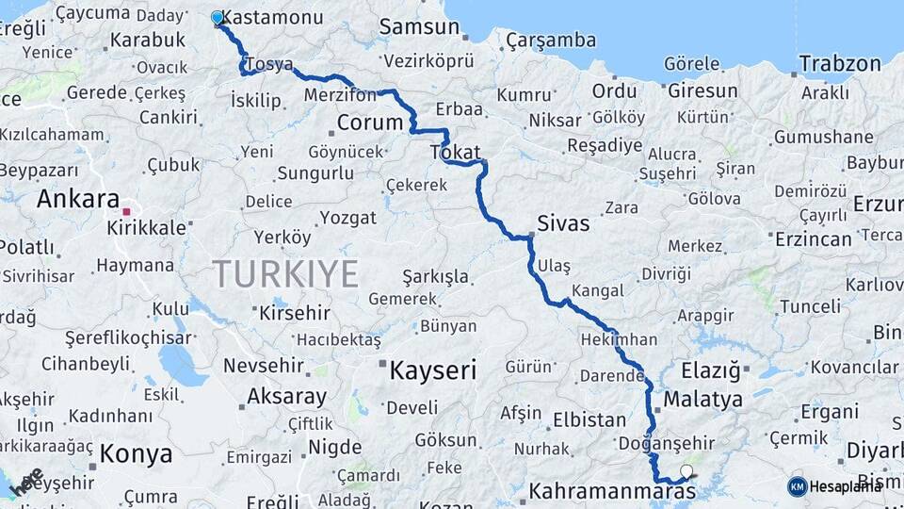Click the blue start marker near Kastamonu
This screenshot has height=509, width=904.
pyautogui.click(x=218, y=17)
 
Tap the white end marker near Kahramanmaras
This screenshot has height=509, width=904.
pyautogui.click(x=686, y=470)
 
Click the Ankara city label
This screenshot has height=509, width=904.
pyautogui.click(x=77, y=199)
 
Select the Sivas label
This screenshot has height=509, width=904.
pyautogui.click(x=563, y=223)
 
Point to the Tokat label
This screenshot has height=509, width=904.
pyautogui.click(x=455, y=152)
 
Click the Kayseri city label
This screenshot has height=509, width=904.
pyautogui.click(x=433, y=370)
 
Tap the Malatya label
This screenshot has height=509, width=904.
pyautogui.click(x=702, y=399)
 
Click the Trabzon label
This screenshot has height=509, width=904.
pyautogui.click(x=840, y=64)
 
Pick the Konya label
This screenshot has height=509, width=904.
pyautogui.click(x=137, y=453)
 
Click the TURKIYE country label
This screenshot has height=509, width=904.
pyautogui.click(x=285, y=274)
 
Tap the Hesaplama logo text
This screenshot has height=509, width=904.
pyautogui.click(x=847, y=486)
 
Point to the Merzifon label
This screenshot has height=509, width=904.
pyautogui.click(x=340, y=96)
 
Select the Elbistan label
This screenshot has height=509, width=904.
pyautogui.click(x=589, y=419)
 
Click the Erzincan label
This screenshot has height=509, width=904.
pyautogui.click(x=814, y=238)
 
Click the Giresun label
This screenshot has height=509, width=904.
pyautogui.click(x=702, y=90)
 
